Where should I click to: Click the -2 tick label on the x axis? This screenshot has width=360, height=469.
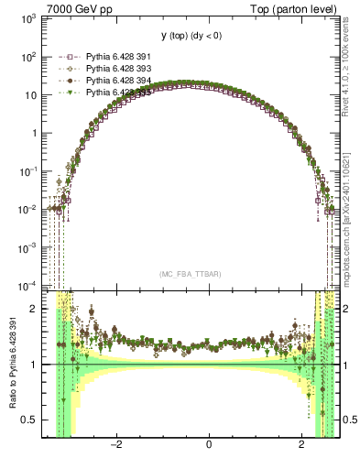(x=116, y=445)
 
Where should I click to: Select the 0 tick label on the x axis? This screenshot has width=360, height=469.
(x=209, y=445)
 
